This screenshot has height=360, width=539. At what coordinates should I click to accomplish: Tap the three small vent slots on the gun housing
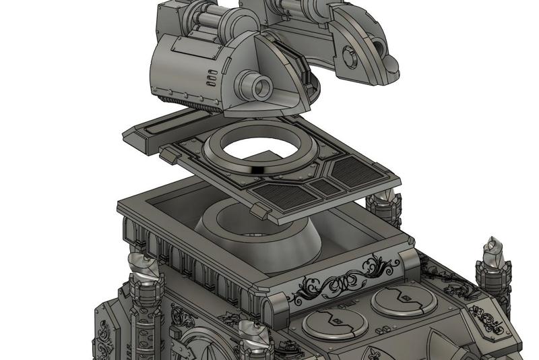click(212, 80)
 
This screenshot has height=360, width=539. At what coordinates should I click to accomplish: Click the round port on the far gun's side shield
click(348, 53)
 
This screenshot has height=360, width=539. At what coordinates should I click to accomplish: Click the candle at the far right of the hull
click(493, 253)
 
